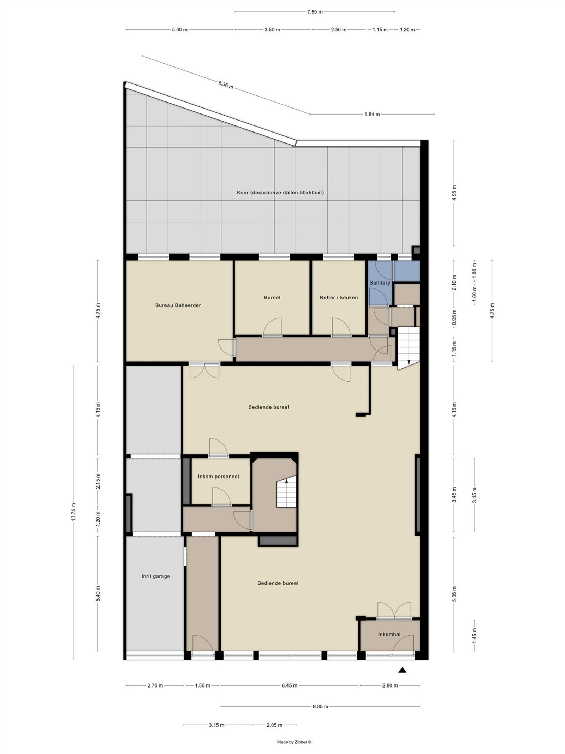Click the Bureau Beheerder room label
[178, 305]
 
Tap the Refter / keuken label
[339, 298]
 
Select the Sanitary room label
[380, 283]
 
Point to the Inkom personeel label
[218, 477]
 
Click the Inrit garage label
[156, 576]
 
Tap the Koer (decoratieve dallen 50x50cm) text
[280, 193]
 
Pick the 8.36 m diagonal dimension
[226, 85]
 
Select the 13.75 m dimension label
[73, 512]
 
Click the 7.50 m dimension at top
[315, 12]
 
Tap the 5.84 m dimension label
[372, 114]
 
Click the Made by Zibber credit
[294, 742]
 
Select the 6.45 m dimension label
[290, 685]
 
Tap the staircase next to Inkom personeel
[286, 492]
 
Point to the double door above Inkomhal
[394, 610]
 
